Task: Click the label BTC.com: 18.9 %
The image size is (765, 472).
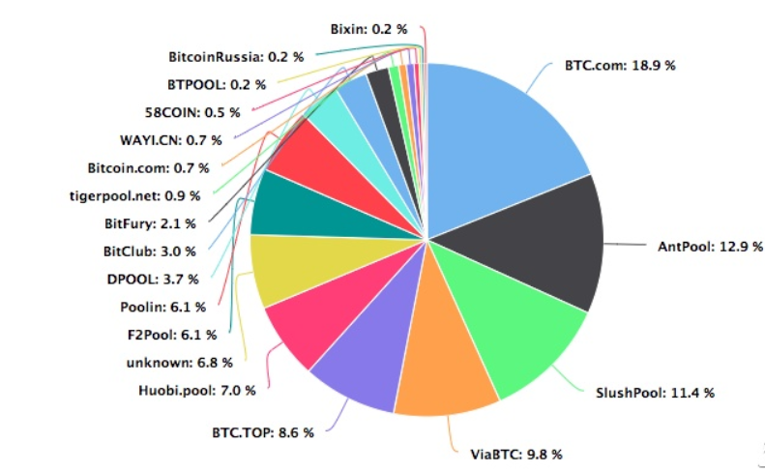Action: (x=620, y=66)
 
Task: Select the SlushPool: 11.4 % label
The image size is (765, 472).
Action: (x=655, y=393)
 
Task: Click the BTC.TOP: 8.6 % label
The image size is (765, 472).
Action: (x=263, y=432)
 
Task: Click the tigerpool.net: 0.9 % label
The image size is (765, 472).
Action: (x=136, y=195)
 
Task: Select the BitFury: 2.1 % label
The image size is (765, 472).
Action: (x=150, y=223)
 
